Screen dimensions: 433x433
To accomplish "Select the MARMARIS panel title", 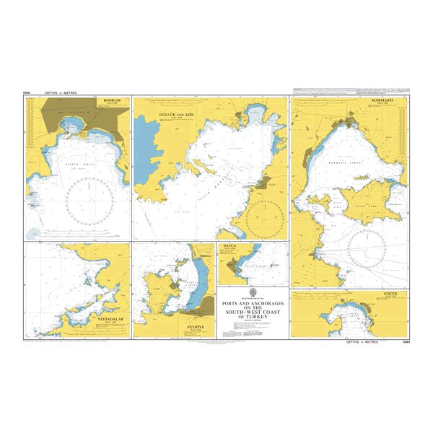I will [x=388, y=101].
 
